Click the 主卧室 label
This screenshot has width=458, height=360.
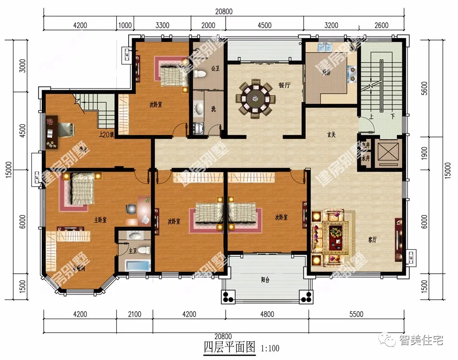click(x=100, y=220)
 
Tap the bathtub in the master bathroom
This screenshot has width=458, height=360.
click(x=137, y=266)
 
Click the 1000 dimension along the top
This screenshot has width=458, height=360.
click(x=125, y=26)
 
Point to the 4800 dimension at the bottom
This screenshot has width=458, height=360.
click(x=267, y=314)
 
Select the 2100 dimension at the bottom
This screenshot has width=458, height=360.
click(x=135, y=314)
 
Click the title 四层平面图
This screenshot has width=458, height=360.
click(x=228, y=347)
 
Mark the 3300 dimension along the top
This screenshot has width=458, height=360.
click(x=162, y=26)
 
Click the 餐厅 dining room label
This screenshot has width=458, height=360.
click(x=284, y=85)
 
